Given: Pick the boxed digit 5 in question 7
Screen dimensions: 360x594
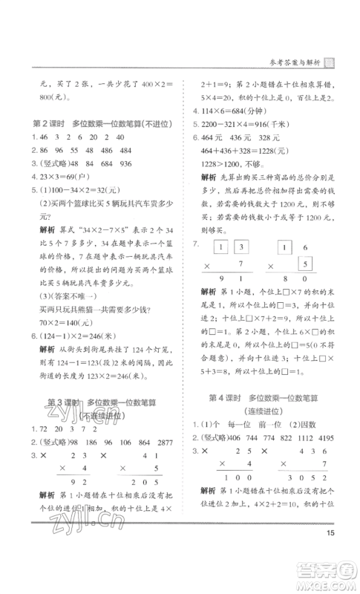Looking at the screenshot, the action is (x=303, y=284).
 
